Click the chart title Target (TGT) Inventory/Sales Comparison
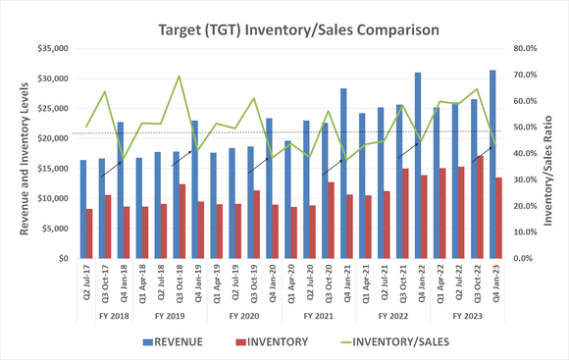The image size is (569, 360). (x=284, y=28)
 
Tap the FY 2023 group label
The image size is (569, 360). (x=466, y=316)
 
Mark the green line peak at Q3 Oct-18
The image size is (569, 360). (x=179, y=76)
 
